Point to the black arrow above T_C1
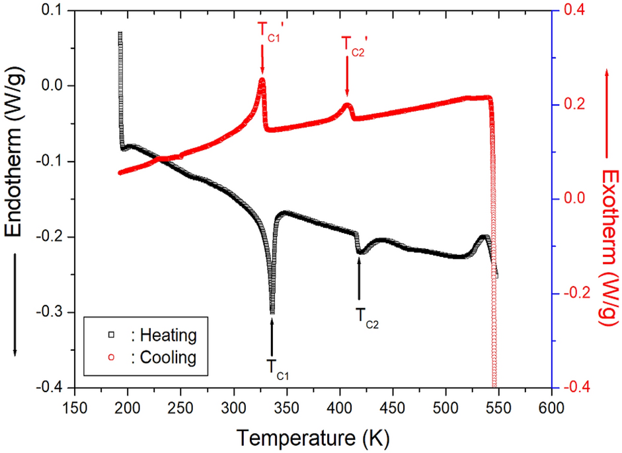[272, 337]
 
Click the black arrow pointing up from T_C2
[359, 279]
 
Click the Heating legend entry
[159, 335]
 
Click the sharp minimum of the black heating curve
[272, 312]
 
